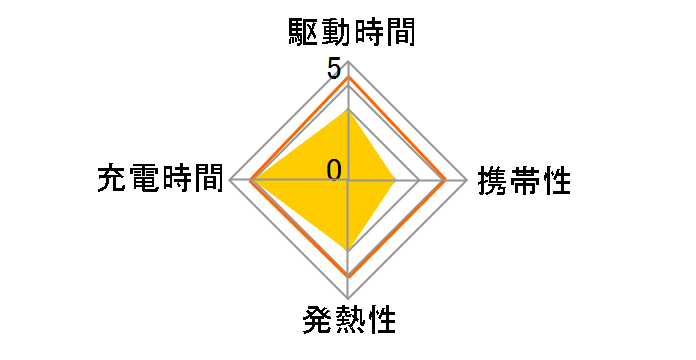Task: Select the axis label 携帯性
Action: [525, 181]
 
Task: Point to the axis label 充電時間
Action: [160, 180]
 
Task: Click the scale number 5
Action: [333, 71]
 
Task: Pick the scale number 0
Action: [333, 168]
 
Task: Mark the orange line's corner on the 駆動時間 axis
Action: [348, 78]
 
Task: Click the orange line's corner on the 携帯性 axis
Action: [445, 180]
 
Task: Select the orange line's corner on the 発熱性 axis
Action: [348, 275]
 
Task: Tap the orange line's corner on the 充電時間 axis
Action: [251, 180]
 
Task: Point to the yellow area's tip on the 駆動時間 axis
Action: [348, 110]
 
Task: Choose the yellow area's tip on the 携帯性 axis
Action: [395, 180]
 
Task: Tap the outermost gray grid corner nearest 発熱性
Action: [348, 298]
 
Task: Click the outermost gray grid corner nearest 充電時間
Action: [230, 180]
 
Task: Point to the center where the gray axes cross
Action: [348, 180]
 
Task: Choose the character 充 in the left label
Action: [112, 180]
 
